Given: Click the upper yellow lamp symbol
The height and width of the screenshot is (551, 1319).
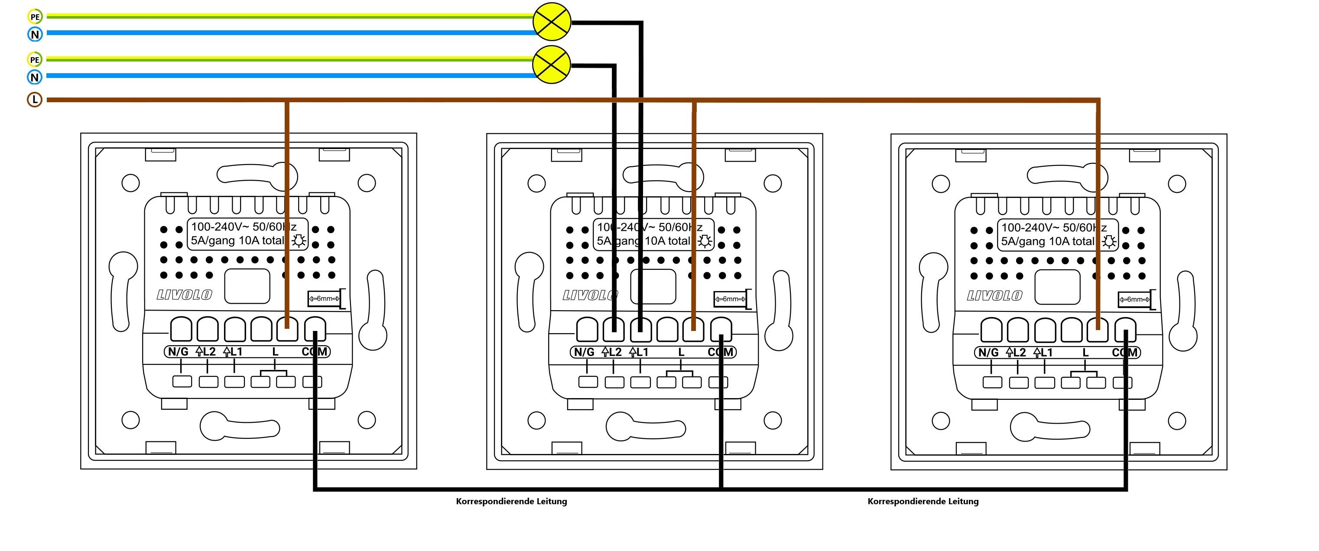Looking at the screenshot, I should (552, 22).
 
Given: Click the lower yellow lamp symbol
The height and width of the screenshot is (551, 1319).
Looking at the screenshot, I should (552, 65).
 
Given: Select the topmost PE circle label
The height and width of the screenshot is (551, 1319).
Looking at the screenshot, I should (34, 17).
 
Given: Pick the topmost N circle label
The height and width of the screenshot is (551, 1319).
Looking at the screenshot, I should (34, 34).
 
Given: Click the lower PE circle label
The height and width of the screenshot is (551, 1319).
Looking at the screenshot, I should (34, 60).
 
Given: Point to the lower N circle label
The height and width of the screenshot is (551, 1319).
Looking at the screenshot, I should (34, 78).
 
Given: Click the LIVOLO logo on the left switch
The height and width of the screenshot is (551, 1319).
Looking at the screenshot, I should (184, 295).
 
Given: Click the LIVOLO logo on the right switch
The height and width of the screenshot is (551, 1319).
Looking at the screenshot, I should (994, 296).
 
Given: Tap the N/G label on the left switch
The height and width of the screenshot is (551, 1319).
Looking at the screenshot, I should (178, 352).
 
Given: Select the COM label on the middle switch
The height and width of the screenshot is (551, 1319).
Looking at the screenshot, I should (721, 352).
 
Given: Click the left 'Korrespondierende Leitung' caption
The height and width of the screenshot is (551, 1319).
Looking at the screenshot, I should (511, 501).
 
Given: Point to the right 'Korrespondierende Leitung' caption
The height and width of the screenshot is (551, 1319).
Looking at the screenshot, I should (923, 501).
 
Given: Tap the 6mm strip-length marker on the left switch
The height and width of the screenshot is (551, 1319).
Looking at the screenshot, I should (325, 298).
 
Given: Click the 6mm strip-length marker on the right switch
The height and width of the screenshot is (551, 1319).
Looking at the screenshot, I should (1134, 300).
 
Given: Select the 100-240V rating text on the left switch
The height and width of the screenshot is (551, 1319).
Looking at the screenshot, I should (243, 227).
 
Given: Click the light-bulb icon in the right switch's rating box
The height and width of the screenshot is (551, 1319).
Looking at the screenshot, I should (1109, 242).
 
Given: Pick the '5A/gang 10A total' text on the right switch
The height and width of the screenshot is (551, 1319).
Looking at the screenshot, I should (1047, 242).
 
